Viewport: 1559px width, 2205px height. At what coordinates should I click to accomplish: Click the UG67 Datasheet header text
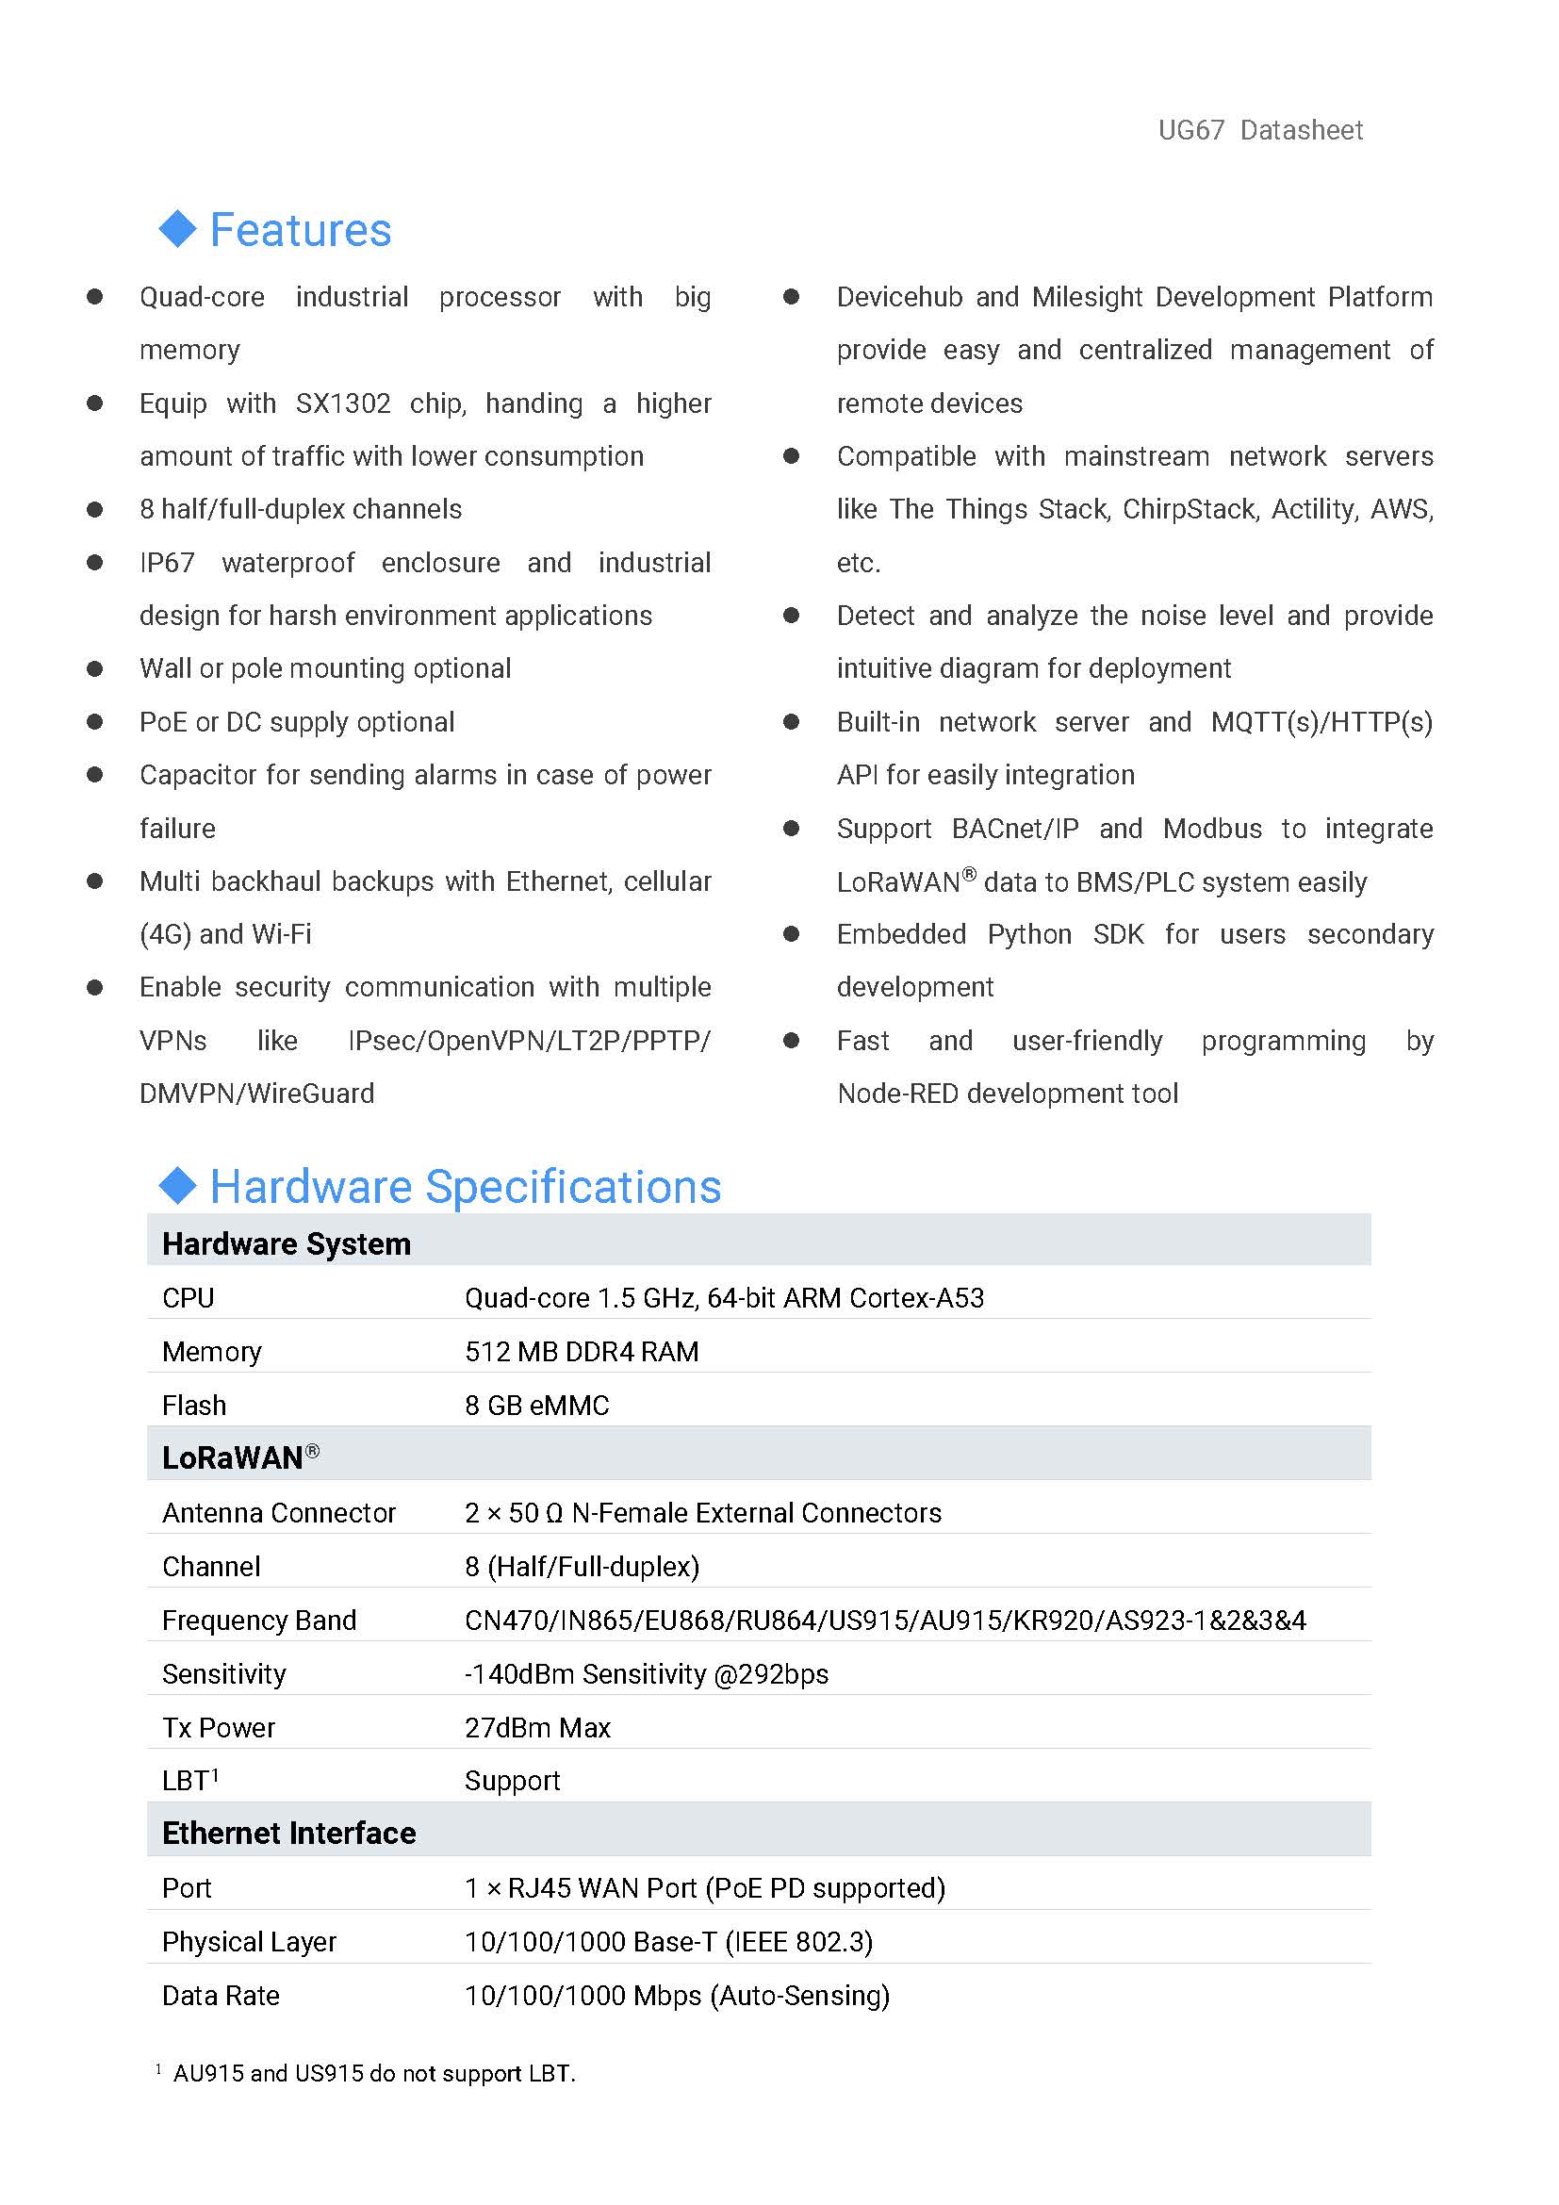pyautogui.click(x=1259, y=130)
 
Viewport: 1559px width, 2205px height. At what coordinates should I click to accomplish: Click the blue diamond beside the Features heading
pyautogui.click(x=177, y=228)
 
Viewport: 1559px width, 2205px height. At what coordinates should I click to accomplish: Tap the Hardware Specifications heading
pyautogui.click(x=465, y=1186)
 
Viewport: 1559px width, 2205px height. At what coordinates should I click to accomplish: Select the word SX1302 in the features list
pyautogui.click(x=343, y=403)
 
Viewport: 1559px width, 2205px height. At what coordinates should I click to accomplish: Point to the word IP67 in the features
pyautogui.click(x=167, y=563)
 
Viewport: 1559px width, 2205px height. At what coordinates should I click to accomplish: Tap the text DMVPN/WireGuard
pyautogui.click(x=256, y=1094)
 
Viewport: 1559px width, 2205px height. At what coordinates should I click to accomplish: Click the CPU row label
pyautogui.click(x=189, y=1298)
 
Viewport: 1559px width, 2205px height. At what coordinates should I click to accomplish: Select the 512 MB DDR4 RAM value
pyautogui.click(x=582, y=1352)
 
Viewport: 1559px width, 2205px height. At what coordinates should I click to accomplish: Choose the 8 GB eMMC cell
pyautogui.click(x=536, y=1406)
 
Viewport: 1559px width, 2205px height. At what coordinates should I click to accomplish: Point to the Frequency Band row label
pyautogui.click(x=259, y=1621)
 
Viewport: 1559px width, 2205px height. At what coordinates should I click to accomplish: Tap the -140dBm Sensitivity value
pyautogui.click(x=646, y=1675)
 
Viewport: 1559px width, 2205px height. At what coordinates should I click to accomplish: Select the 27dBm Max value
pyautogui.click(x=537, y=1729)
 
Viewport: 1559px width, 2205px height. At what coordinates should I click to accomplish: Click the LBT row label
pyautogui.click(x=189, y=1782)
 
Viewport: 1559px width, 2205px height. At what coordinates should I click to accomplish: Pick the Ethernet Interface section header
pyautogui.click(x=289, y=1834)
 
